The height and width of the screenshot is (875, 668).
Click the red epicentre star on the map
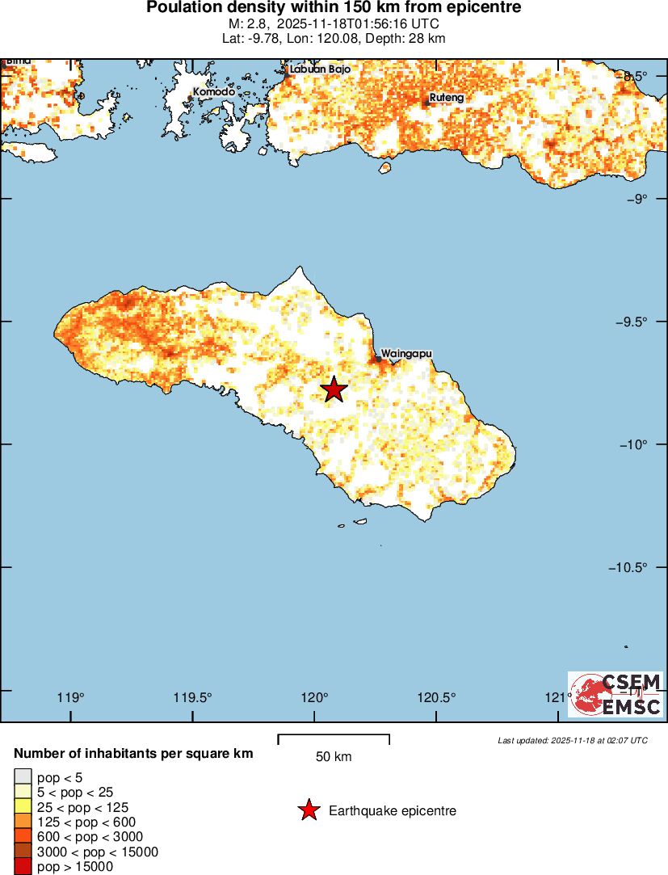point(334,389)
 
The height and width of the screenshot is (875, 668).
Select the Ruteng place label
point(447,98)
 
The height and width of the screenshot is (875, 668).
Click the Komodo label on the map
point(214,92)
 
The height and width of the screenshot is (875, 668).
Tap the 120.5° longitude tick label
point(436,699)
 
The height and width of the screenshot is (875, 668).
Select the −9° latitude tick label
point(635,199)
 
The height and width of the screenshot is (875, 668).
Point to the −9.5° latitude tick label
point(630,322)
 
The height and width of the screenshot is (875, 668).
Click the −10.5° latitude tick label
point(628,567)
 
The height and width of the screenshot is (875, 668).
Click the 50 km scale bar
point(334,739)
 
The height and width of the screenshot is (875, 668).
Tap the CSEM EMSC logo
point(616,695)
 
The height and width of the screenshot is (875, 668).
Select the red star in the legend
point(309,810)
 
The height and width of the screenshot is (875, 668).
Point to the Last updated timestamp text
point(572,740)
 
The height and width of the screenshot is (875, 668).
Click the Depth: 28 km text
point(401,38)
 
